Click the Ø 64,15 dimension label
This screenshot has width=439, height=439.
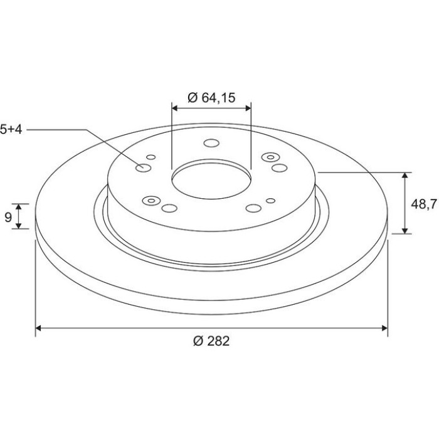click(x=212, y=98)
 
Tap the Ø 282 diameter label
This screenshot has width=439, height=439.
click(x=211, y=341)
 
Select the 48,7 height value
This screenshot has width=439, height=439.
click(x=423, y=204)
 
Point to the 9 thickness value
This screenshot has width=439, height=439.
click(x=8, y=217)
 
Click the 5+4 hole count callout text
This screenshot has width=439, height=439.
click(x=11, y=129)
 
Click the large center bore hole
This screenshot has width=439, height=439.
click(x=211, y=181)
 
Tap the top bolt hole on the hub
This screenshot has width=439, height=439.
click(x=211, y=143)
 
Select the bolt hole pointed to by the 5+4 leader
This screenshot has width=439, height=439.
click(x=144, y=168)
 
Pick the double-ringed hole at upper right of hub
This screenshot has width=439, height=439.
click(x=270, y=157)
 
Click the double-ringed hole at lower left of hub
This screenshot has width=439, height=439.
click(x=151, y=201)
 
